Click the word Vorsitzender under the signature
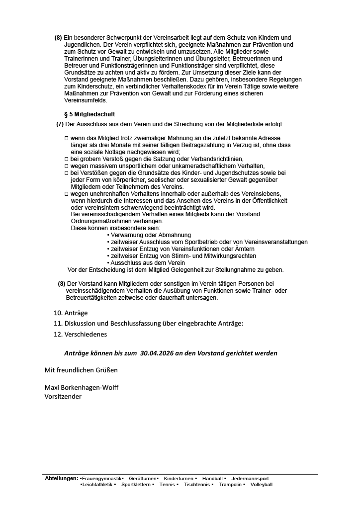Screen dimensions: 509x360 pyautogui.click(x=63, y=396)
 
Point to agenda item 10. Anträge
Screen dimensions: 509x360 pyautogui.click(x=71, y=313)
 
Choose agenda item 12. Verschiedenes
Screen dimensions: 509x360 pyautogui.click(x=80, y=334)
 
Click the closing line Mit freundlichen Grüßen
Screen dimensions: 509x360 pyautogui.click(x=81, y=370)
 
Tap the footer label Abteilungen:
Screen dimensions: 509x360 pyautogui.click(x=62, y=478)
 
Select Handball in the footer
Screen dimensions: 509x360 pyautogui.click(x=212, y=478)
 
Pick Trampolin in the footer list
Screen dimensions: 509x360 pyautogui.click(x=230, y=484)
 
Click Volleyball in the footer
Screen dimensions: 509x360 pyautogui.click(x=262, y=484)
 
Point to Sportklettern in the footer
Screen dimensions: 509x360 pyautogui.click(x=136, y=484)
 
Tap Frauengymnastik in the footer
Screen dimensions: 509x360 pyautogui.click(x=102, y=478)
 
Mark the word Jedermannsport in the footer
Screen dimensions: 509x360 pyautogui.click(x=250, y=478)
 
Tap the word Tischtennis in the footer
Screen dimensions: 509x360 pyautogui.click(x=197, y=484)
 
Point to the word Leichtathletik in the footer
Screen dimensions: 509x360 pyautogui.click(x=97, y=484)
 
